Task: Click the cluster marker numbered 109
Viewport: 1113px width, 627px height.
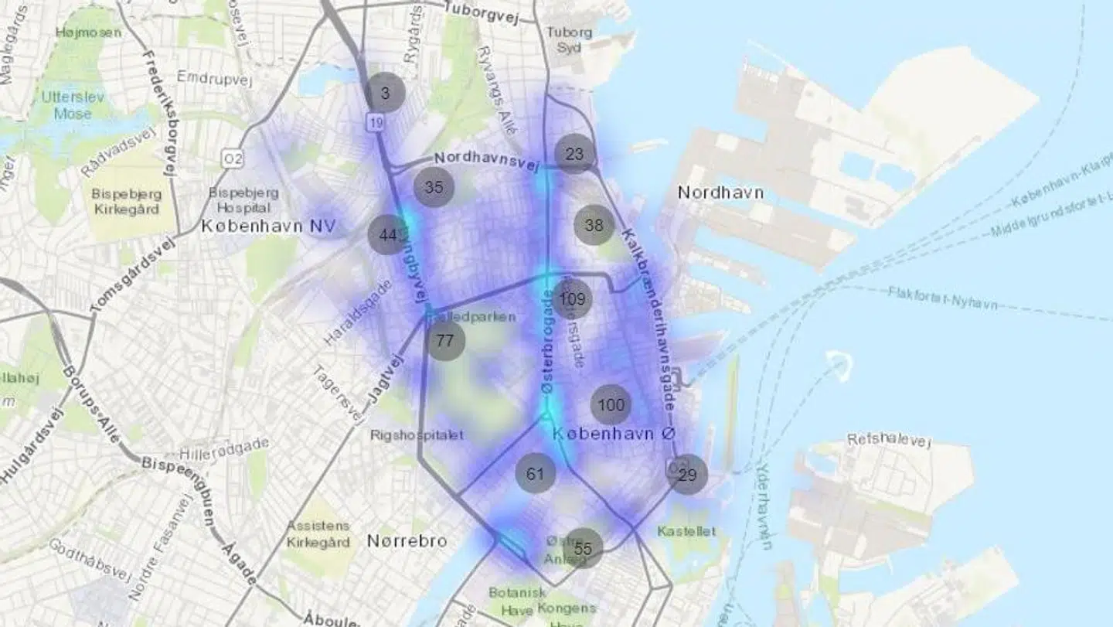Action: [572, 299]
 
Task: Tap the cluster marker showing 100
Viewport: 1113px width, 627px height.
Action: [611, 404]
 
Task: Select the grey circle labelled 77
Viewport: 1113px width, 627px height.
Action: [445, 341]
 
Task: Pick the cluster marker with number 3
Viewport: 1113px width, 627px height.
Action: [386, 93]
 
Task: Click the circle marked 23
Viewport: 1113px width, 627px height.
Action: [575, 154]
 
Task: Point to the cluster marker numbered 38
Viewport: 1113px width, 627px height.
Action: [594, 225]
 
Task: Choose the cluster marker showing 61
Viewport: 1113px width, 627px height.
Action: [536, 474]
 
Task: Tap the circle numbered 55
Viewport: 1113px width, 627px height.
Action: [584, 548]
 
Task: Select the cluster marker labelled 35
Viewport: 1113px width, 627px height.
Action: [434, 187]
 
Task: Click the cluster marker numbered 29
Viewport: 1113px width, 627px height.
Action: [687, 475]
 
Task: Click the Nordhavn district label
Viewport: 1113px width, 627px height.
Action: [720, 192]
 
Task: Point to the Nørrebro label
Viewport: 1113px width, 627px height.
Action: [407, 540]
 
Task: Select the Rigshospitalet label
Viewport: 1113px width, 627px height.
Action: [417, 434]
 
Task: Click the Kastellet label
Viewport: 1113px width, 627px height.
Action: [686, 531]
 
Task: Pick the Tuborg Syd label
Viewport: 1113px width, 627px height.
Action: [570, 39]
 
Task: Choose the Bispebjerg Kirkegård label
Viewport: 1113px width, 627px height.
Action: [125, 201]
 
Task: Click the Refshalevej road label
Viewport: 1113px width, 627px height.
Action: [889, 440]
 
